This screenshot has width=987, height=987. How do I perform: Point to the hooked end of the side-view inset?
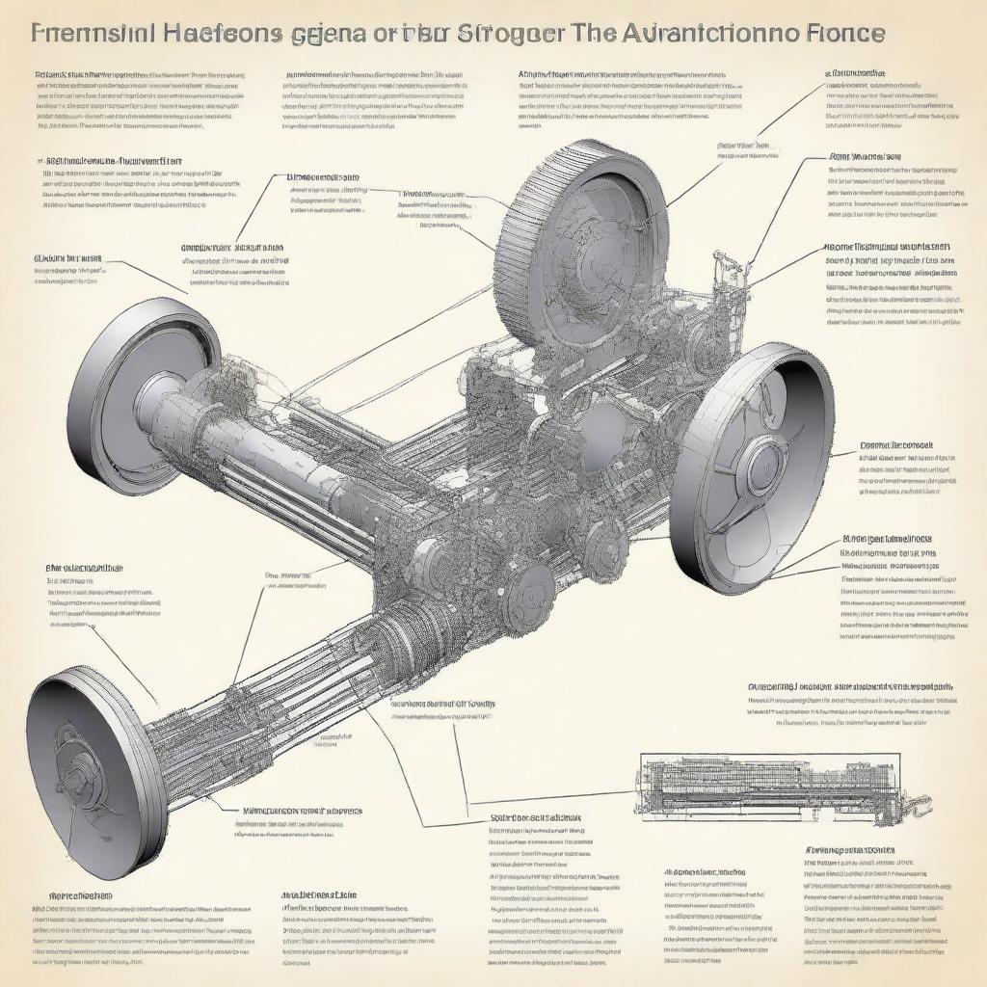918,802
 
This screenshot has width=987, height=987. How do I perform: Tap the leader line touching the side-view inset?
549,798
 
